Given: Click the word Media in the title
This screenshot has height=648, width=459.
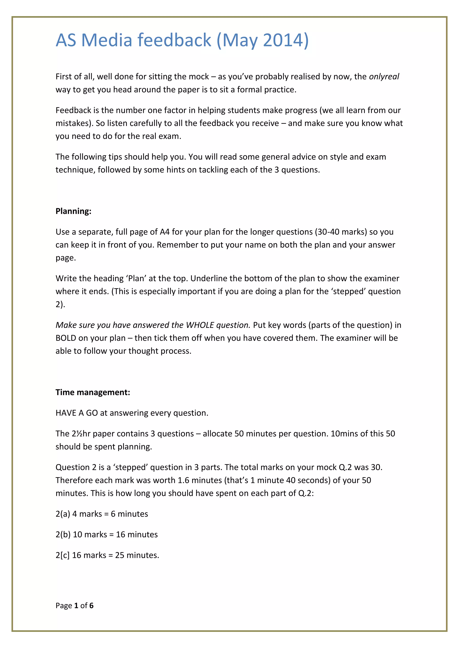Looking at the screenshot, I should click(x=106, y=40).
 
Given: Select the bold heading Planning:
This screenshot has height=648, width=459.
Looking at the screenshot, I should click(x=74, y=211).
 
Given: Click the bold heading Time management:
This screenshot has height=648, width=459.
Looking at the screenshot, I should click(x=93, y=392).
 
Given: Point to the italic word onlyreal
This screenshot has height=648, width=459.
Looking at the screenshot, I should click(x=384, y=77).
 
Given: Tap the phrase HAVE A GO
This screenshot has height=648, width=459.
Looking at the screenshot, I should click(x=77, y=413).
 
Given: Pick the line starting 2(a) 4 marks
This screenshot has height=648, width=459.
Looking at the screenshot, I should click(x=102, y=514).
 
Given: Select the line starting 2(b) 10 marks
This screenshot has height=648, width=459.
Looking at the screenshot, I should click(x=106, y=534).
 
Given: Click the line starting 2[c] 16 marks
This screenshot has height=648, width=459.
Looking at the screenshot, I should click(x=107, y=555).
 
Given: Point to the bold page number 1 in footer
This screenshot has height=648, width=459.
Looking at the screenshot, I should click(x=76, y=605).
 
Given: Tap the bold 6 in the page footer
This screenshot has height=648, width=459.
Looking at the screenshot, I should click(x=91, y=605).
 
